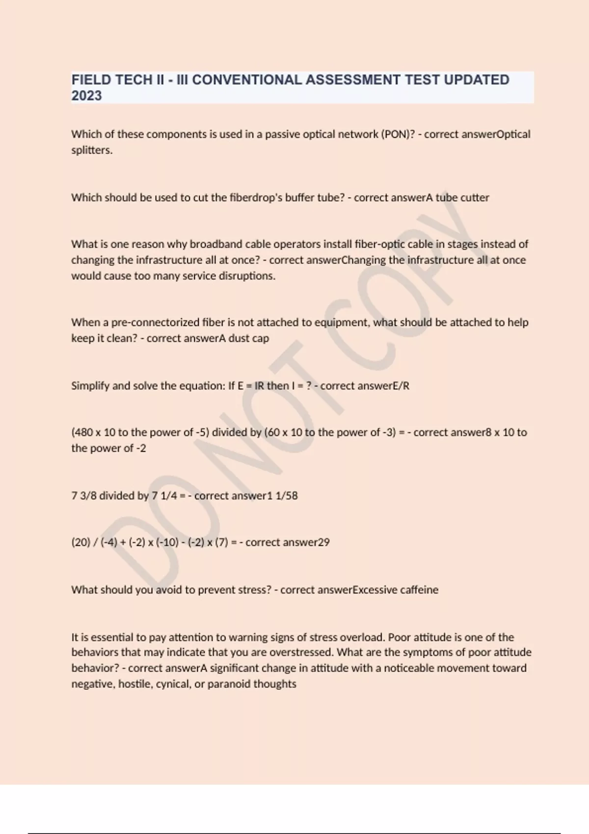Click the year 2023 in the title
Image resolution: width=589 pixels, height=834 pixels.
click(x=86, y=95)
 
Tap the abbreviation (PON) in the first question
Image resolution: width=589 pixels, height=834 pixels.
click(x=397, y=134)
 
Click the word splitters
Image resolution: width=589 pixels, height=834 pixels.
click(x=92, y=150)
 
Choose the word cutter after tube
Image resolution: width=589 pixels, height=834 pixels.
click(x=475, y=197)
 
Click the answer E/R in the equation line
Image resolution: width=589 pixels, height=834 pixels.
click(x=401, y=386)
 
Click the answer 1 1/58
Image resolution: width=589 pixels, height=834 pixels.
click(x=282, y=495)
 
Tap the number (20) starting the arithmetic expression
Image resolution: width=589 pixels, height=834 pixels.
click(x=80, y=542)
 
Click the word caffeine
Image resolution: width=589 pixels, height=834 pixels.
click(x=419, y=589)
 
